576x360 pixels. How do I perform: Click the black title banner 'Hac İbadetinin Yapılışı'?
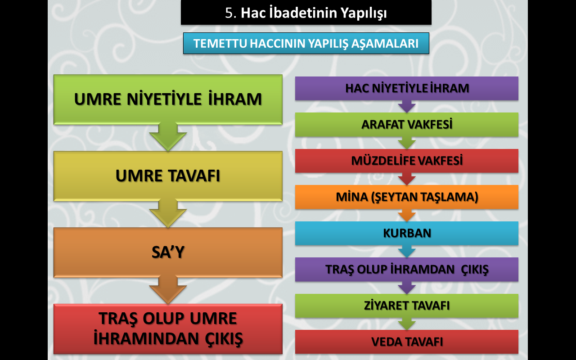[306, 12]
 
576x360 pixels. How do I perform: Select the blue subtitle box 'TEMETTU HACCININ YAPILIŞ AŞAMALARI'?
[306, 43]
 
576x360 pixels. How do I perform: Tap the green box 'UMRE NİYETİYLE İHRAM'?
[168, 99]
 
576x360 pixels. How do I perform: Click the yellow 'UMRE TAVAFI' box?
[168, 176]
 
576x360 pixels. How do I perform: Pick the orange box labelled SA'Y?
[168, 252]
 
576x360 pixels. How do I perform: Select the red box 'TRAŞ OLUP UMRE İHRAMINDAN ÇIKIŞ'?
[168, 328]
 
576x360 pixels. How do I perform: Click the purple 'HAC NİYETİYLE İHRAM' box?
[406, 88]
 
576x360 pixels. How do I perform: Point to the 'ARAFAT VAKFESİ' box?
[406, 125]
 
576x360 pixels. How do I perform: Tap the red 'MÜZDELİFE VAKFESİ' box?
[406, 161]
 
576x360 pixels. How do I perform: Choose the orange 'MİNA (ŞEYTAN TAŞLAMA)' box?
[406, 197]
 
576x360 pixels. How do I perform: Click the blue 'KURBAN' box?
[406, 233]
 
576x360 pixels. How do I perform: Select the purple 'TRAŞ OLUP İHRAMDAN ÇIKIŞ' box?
[406, 270]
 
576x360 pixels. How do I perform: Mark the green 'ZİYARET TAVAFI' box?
[406, 306]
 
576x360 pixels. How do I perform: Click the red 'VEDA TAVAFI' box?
[406, 342]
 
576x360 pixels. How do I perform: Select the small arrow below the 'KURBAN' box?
[406, 252]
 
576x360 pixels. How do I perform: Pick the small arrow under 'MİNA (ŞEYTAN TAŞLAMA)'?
[406, 215]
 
